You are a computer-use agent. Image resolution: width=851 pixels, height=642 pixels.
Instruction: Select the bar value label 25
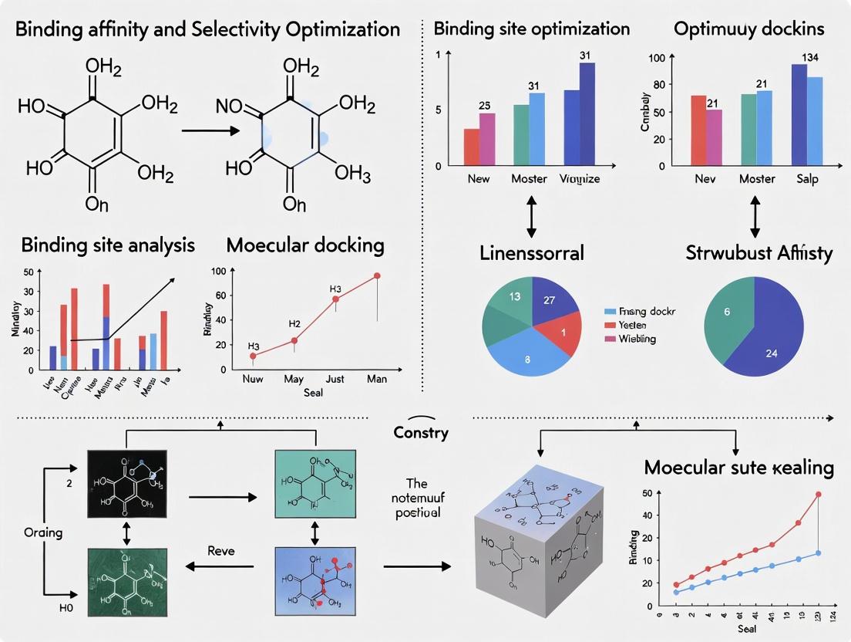point(484,104)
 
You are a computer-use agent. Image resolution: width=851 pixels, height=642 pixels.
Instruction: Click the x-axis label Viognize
point(580,179)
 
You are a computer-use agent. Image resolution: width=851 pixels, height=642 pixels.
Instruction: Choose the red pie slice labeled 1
point(563,332)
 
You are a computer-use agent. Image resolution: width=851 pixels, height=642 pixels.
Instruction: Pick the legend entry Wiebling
point(637,339)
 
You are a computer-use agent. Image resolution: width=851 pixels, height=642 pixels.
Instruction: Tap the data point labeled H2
point(294,340)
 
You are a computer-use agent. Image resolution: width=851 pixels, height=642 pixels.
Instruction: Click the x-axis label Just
point(335,379)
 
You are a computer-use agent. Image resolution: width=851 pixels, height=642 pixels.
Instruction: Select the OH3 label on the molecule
point(353,173)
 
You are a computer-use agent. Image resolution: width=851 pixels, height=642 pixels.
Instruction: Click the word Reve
point(222,550)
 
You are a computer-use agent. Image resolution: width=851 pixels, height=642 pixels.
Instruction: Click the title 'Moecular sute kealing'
point(738,467)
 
